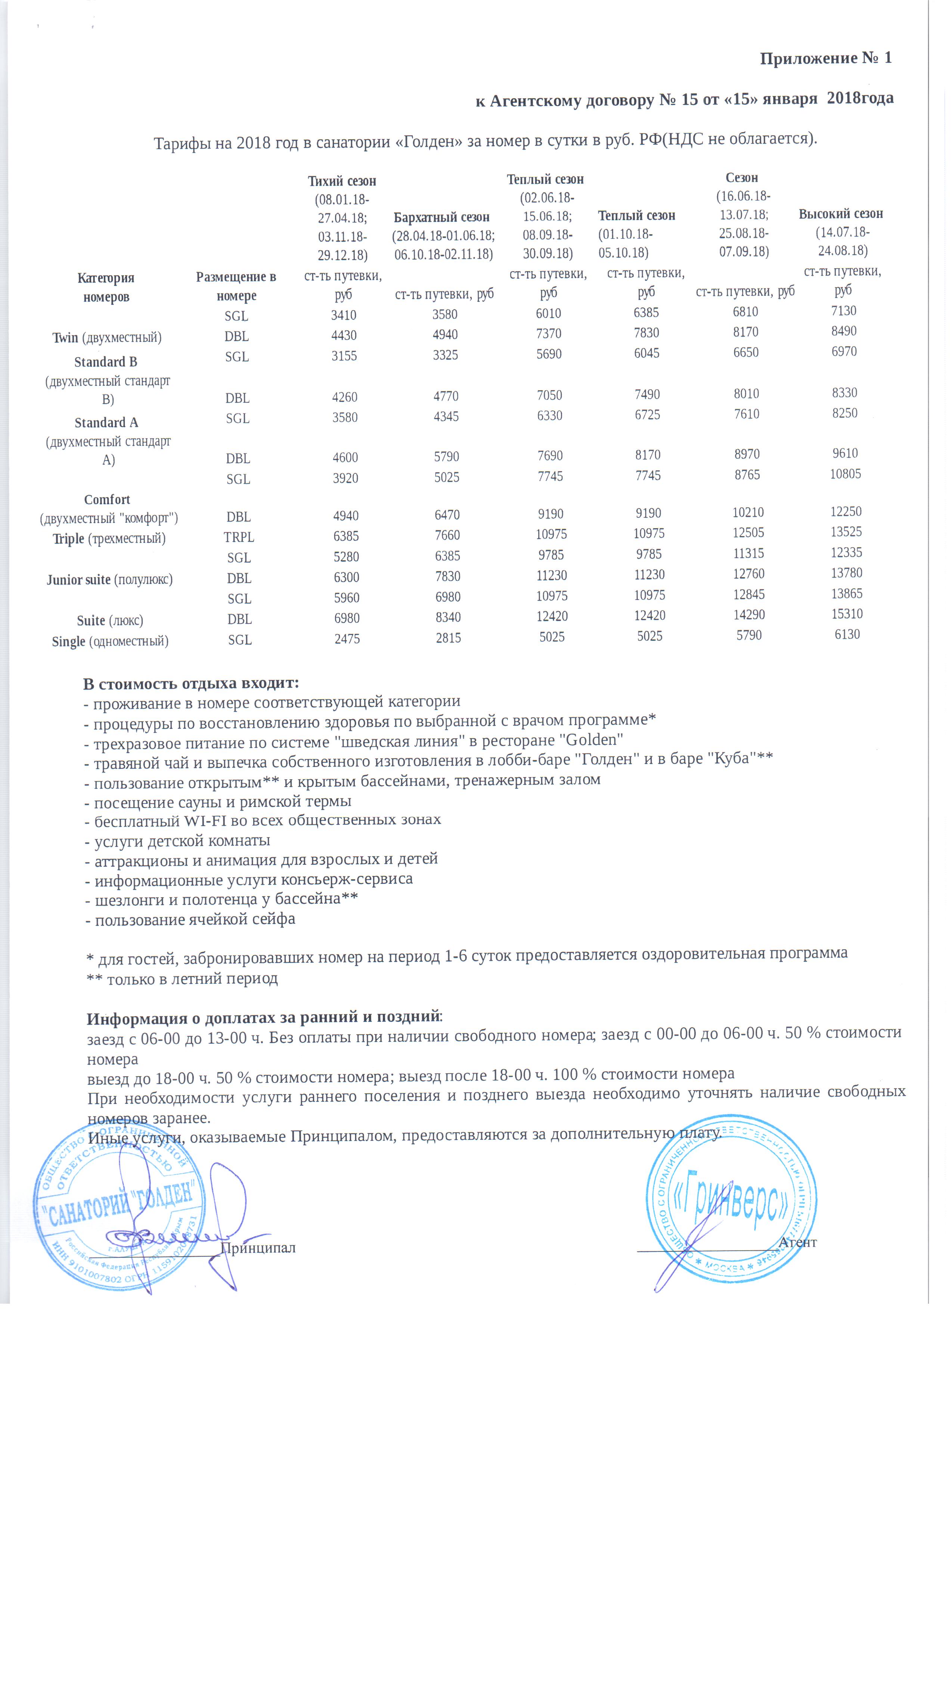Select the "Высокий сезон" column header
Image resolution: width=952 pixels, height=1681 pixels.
pyautogui.click(x=841, y=214)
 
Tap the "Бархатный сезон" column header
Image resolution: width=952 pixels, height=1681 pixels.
pyautogui.click(x=441, y=217)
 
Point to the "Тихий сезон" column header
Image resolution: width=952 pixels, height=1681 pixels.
pyautogui.click(x=342, y=181)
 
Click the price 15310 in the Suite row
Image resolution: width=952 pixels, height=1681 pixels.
pyautogui.click(x=847, y=614)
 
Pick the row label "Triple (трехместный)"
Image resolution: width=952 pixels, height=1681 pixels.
pyautogui.click(x=109, y=539)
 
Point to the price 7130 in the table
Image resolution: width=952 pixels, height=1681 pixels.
pyautogui.click(x=843, y=310)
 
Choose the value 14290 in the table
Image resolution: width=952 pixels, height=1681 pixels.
pyautogui.click(x=749, y=614)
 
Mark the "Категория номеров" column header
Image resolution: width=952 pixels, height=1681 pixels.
pyautogui.click(x=106, y=287)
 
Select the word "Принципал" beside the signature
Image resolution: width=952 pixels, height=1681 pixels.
pyautogui.click(x=258, y=1248)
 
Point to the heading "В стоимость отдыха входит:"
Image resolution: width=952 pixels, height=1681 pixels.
pyautogui.click(x=191, y=683)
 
